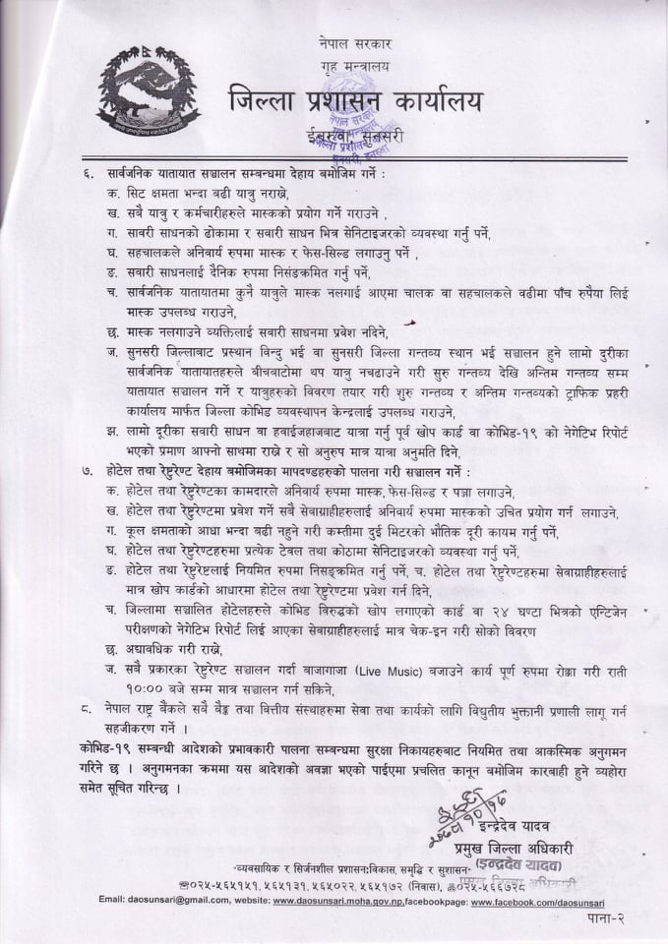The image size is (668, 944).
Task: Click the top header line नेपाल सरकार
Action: pyautogui.click(x=356, y=45)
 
